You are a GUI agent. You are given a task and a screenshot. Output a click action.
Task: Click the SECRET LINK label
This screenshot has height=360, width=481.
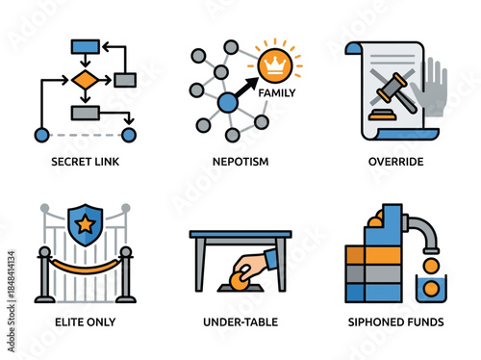coord(85,161)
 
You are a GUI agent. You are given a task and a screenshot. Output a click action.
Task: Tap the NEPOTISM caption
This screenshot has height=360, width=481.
coord(240,161)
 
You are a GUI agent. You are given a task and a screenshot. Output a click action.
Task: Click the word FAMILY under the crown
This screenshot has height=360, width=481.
coord(277,93)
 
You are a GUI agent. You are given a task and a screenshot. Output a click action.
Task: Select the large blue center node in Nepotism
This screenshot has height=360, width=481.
coord(228,102)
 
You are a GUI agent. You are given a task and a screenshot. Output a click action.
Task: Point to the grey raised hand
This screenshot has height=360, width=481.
coord(428,89)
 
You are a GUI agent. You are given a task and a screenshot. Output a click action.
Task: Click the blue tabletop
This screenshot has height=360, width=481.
coord(240,233)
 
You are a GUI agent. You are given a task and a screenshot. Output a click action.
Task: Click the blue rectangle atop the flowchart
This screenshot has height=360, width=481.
coord(85,45)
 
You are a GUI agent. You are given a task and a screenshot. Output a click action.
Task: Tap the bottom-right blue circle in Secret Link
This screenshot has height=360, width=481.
coord(129,134)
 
